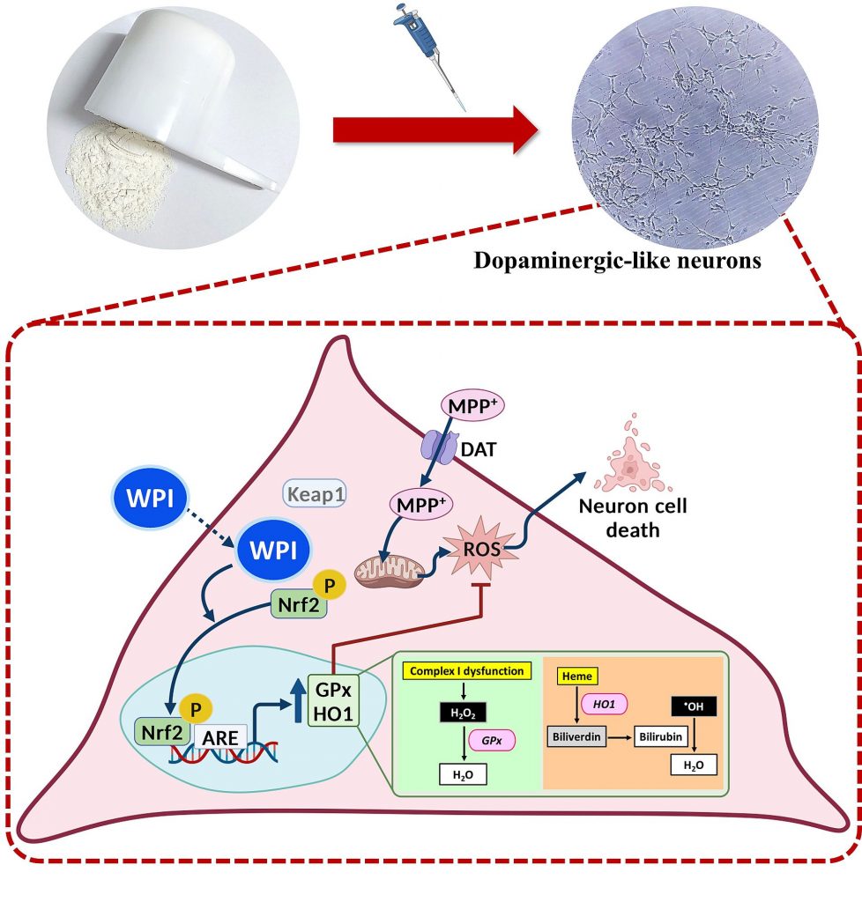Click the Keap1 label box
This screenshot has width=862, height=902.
pos(315,493)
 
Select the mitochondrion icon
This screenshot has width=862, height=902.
pos(389,571)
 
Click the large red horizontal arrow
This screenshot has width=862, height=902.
pos(435,129)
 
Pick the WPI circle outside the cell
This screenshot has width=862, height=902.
pos(150,498)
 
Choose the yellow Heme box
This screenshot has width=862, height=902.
pos(577,676)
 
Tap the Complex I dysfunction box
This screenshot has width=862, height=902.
pos(466,670)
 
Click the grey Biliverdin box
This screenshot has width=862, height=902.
pos(576,736)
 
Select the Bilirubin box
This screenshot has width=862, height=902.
pos(660,736)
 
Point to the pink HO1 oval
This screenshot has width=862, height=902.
pos(604,704)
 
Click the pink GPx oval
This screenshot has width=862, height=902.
pos(492,740)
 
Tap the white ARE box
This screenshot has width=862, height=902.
pos(220,737)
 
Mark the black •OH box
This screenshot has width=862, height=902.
pos(694,706)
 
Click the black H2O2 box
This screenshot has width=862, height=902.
pos(464,712)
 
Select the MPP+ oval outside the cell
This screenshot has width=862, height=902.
pos(472,405)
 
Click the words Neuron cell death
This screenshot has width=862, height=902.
pos(633,518)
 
